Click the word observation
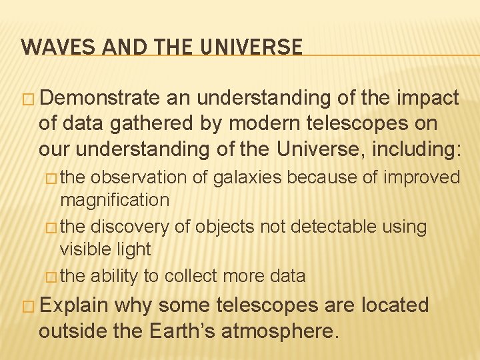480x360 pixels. point(135,177)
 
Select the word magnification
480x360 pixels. point(115,199)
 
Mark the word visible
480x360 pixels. point(84,249)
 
